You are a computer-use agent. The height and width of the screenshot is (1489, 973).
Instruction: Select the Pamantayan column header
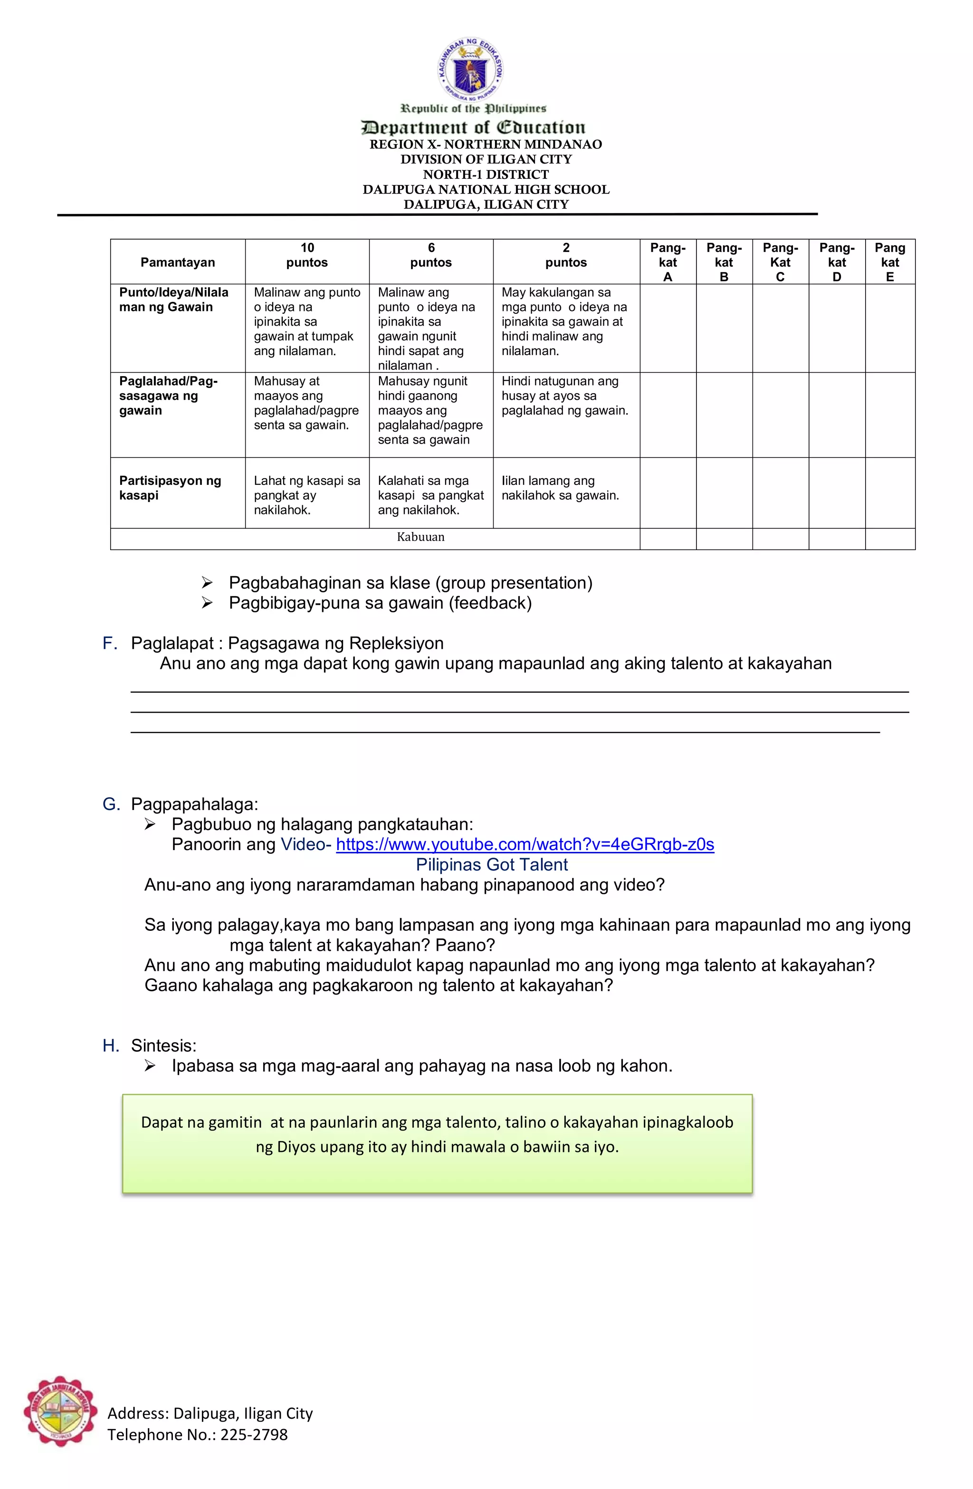pyautogui.click(x=178, y=262)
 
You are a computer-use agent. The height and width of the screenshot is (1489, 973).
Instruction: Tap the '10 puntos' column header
pyautogui.click(x=306, y=255)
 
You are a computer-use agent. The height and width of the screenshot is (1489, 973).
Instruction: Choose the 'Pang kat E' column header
pyautogui.click(x=889, y=262)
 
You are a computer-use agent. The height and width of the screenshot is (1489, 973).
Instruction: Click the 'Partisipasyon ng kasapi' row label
pyautogui.click(x=170, y=488)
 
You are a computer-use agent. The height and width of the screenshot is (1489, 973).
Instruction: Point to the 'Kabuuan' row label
pyautogui.click(x=420, y=537)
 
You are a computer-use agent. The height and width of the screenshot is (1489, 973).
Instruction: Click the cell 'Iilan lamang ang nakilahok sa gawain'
pyautogui.click(x=560, y=488)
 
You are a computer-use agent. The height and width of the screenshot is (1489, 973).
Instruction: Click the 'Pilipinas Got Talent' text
pyautogui.click(x=492, y=865)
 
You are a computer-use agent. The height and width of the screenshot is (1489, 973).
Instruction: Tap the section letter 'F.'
pyautogui.click(x=110, y=643)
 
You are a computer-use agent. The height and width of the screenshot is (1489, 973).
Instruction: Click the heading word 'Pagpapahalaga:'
pyautogui.click(x=194, y=804)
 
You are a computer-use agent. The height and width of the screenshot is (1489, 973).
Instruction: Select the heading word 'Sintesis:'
pyautogui.click(x=163, y=1045)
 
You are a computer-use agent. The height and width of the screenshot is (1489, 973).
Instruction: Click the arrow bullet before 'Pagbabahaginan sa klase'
pyautogui.click(x=207, y=583)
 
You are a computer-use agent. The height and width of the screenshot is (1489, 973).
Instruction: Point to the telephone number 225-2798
pyautogui.click(x=253, y=1435)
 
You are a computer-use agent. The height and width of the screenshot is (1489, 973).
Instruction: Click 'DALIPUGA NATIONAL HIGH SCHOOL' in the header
pyautogui.click(x=486, y=190)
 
